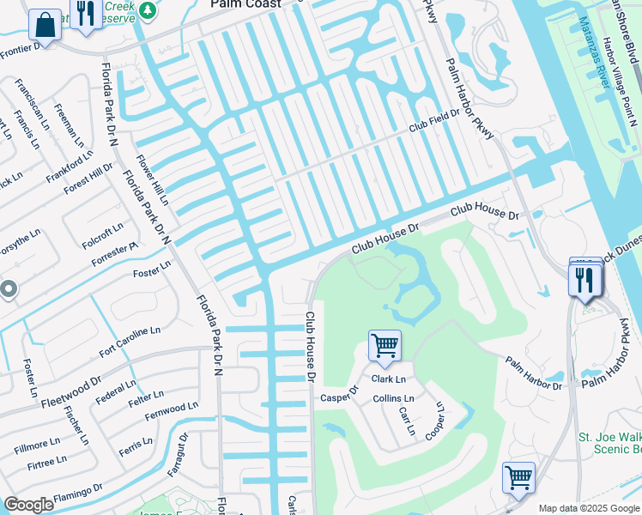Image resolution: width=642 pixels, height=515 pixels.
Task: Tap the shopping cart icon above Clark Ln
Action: coord(385,345)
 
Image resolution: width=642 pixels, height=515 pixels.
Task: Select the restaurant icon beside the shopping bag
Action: coord(84,15)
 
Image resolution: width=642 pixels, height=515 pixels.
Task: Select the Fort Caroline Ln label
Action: coord(130,341)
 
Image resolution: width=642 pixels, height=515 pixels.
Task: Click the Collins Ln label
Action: coord(393,399)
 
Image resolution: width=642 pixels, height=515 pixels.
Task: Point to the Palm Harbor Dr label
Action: coord(533,373)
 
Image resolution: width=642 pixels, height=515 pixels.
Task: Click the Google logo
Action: coord(29,505)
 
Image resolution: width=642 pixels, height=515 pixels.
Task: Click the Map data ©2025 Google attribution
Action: coord(587,508)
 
